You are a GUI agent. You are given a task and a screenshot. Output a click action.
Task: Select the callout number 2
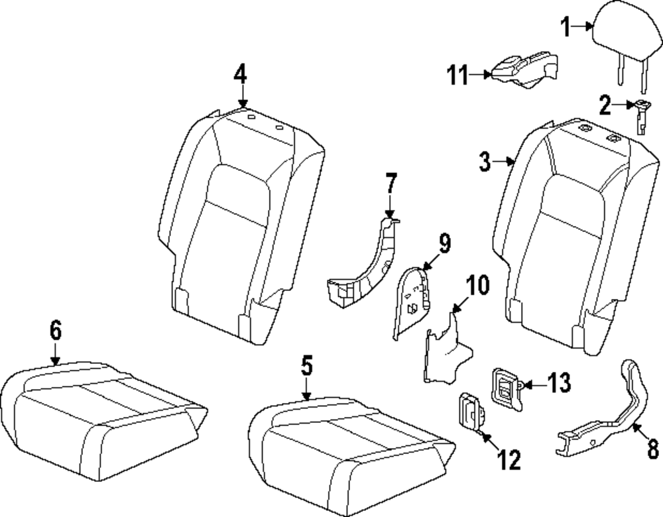coord(604,104)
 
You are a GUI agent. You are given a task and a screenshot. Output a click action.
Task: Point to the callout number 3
coord(485,160)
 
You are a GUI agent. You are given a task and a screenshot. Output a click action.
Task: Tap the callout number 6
coord(56,329)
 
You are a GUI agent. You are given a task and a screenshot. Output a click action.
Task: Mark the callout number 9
coord(444,243)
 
